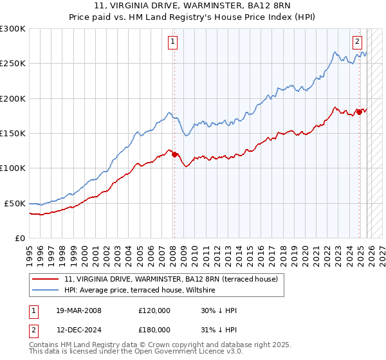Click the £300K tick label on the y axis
tap(12, 29)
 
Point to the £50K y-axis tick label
tap(14, 203)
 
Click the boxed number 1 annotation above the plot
tap(174, 42)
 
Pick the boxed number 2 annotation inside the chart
tap(357, 42)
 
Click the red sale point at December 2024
tap(358, 113)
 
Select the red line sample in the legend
tap(46, 279)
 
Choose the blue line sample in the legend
tap(46, 291)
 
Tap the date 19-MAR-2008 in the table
tap(79, 310)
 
